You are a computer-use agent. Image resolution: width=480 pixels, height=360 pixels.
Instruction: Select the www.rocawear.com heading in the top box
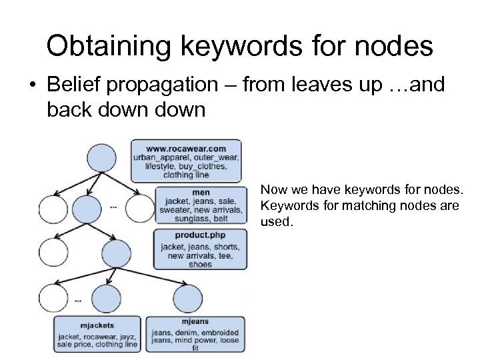click(186, 148)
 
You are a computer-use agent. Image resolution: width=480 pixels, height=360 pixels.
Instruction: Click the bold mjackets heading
click(97, 326)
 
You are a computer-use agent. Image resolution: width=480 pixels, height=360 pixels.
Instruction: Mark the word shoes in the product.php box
click(199, 264)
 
